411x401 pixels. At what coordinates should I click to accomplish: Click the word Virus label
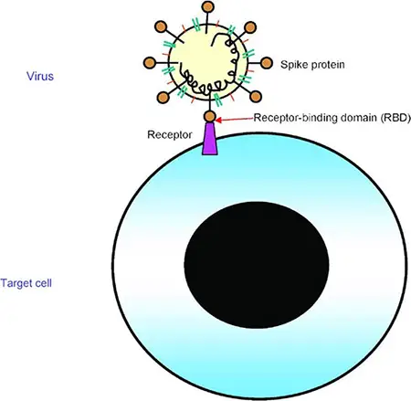[x=40, y=76]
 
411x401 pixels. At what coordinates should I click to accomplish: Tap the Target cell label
[x=26, y=283]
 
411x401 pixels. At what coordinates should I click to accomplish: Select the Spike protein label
[x=312, y=65]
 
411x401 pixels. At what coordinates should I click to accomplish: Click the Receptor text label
[x=170, y=134]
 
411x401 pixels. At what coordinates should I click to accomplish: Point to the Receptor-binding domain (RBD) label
[x=332, y=118]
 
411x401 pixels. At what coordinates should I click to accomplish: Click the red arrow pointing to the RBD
[x=235, y=120]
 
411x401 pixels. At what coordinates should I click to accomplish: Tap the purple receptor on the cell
[x=210, y=139]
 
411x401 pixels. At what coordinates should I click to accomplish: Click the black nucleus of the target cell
[x=257, y=265]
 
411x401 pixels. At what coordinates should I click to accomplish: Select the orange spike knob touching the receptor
[x=210, y=116]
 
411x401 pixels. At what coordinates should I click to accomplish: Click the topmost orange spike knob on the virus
[x=208, y=6]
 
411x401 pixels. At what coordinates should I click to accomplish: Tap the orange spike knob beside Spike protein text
[x=267, y=63]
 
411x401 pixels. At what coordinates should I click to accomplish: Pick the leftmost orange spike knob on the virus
[x=150, y=63]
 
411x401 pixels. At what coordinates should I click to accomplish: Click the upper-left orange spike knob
[x=161, y=26]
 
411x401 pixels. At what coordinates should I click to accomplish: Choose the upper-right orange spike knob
[x=250, y=27]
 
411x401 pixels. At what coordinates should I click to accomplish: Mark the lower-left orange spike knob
[x=163, y=98]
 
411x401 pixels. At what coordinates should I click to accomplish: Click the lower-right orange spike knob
[x=256, y=97]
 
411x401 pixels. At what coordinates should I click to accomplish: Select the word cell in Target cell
[x=44, y=283]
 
